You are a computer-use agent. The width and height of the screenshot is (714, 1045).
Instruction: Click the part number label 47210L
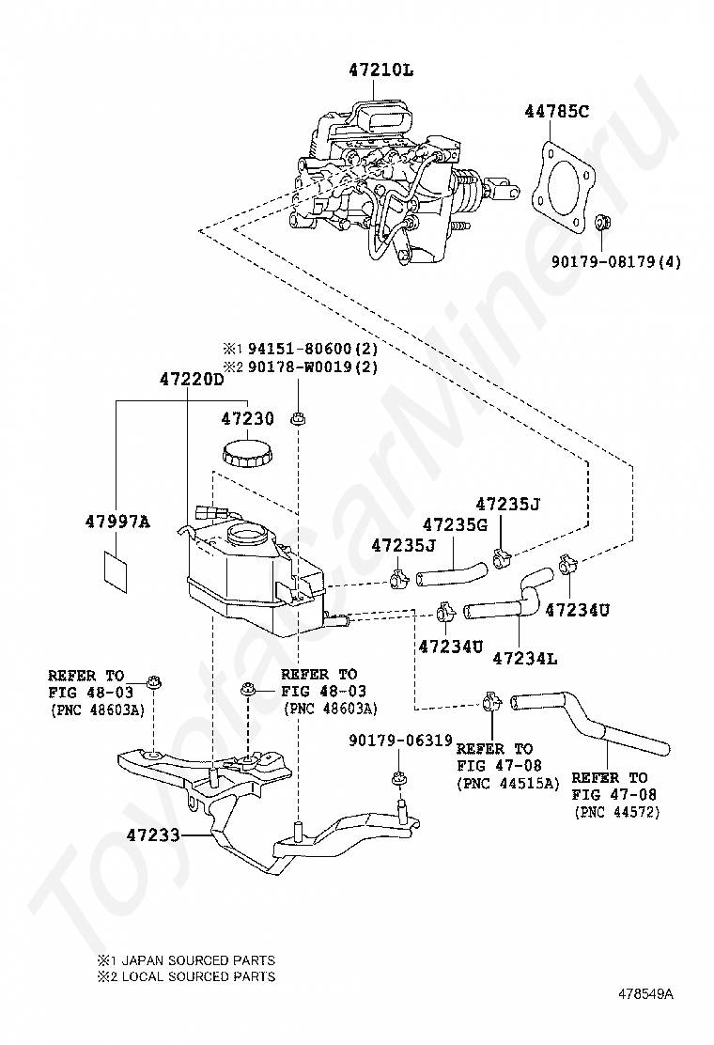pos(381,69)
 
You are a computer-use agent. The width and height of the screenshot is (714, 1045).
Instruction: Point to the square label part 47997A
pos(116,571)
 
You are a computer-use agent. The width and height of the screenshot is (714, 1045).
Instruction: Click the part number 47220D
pos(191,380)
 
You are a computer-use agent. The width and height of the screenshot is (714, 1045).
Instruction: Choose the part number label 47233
pos(153,834)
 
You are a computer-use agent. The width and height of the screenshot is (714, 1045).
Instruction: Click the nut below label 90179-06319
pos(399,778)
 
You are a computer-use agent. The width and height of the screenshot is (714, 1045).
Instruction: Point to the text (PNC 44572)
pos(616,812)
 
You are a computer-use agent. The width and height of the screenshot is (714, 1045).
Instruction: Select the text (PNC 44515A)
pos(508,784)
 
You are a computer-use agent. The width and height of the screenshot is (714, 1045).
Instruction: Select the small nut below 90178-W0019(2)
pos(298,419)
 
